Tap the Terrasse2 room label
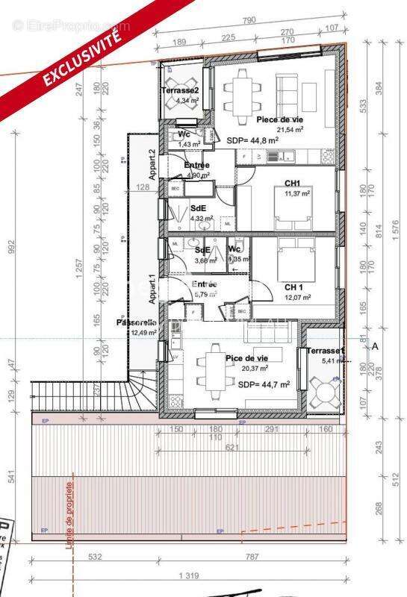coord(179,91)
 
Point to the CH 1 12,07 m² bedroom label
coord(293,287)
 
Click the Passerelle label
coord(136,322)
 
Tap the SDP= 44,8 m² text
coord(252,139)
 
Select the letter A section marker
coord(375,346)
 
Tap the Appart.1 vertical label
coord(152,287)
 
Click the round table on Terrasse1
coord(323,392)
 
